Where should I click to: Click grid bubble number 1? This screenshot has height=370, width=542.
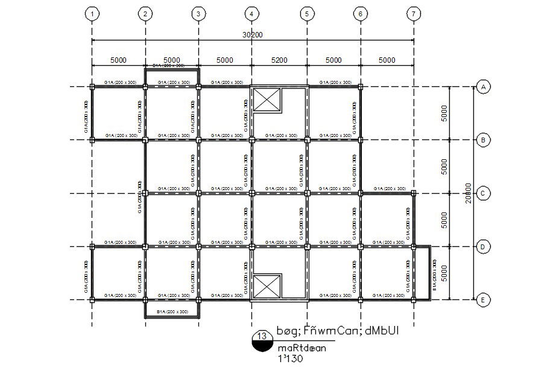(x=92, y=13)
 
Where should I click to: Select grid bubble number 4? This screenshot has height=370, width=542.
(x=252, y=13)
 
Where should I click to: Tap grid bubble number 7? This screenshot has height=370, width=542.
(x=413, y=13)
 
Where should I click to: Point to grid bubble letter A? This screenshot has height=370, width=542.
(x=483, y=88)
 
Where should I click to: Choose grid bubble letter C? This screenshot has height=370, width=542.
(x=483, y=193)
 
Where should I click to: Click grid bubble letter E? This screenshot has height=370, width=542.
(x=483, y=299)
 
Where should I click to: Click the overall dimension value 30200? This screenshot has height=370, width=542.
(x=253, y=35)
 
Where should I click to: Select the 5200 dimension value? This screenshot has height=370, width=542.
(x=279, y=60)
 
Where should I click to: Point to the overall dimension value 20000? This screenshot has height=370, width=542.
(x=468, y=193)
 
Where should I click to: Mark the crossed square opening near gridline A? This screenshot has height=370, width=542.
(x=266, y=100)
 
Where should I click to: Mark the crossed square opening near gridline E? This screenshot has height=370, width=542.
(x=266, y=286)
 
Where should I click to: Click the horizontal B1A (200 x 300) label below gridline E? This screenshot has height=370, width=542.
(x=172, y=311)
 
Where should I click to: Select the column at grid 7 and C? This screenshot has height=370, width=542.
(x=414, y=193)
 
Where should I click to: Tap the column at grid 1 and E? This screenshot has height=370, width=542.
(x=92, y=299)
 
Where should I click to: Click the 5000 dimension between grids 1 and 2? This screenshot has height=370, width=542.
(x=118, y=60)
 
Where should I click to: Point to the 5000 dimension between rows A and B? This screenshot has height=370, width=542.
(x=444, y=113)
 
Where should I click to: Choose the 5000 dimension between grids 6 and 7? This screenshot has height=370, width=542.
(x=387, y=60)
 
